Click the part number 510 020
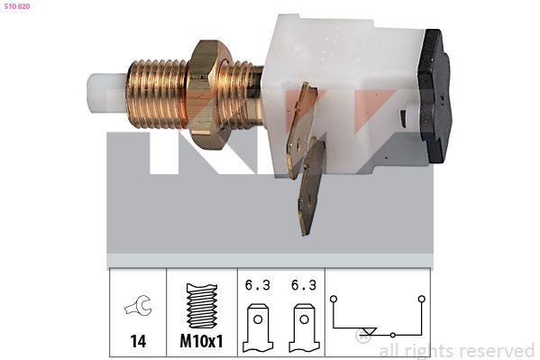click(17, 6)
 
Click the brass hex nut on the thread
click(206, 95)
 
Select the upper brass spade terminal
click(301, 131)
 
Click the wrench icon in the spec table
click(139, 306)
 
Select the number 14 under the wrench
click(138, 341)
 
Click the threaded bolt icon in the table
click(202, 306)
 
